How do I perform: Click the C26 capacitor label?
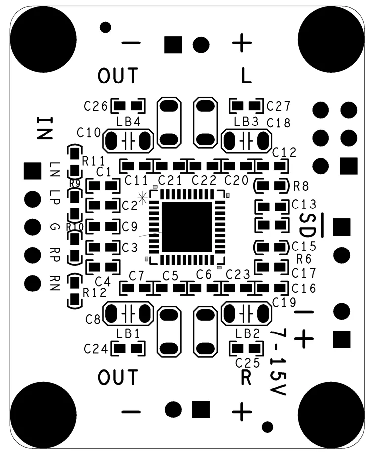95,106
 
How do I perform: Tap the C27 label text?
278,106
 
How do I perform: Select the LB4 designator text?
128,122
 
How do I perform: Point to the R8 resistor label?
301,186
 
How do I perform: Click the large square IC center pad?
186,227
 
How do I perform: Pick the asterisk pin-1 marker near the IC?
142,198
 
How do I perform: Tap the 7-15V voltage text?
278,362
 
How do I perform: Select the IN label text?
45,128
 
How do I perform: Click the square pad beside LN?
32,171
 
